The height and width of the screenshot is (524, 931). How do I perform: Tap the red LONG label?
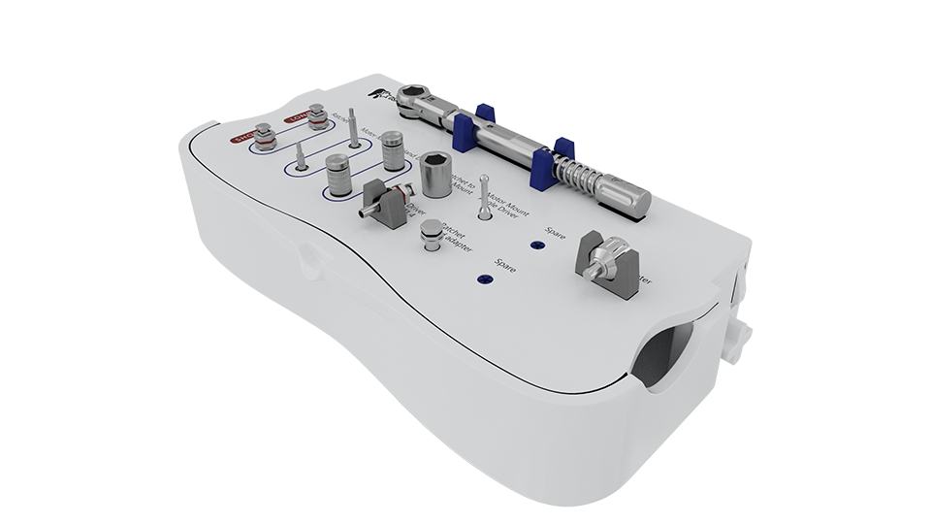point(295,119)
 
